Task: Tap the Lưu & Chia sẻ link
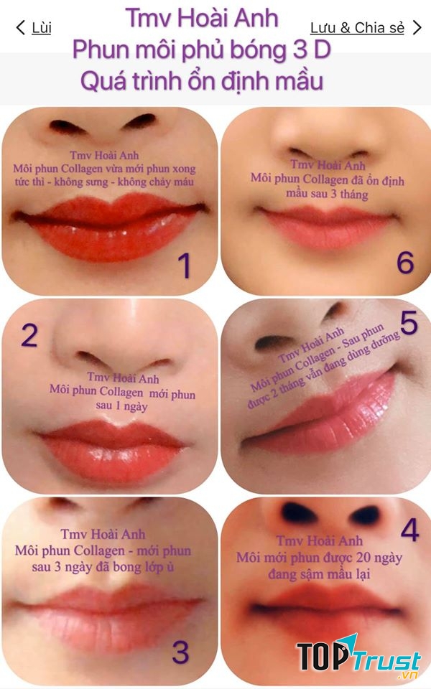[x=356, y=28]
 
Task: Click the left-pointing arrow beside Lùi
[x=19, y=28]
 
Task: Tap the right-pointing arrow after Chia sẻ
[x=417, y=28]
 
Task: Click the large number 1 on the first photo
[x=185, y=266]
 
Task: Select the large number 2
[x=29, y=334]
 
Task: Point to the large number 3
[x=180, y=652]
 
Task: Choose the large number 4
[x=409, y=531]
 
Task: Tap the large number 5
[x=409, y=324]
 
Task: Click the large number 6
[x=405, y=263]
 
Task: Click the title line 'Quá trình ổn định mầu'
[x=202, y=80]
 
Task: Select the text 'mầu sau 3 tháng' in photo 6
[x=327, y=194]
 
